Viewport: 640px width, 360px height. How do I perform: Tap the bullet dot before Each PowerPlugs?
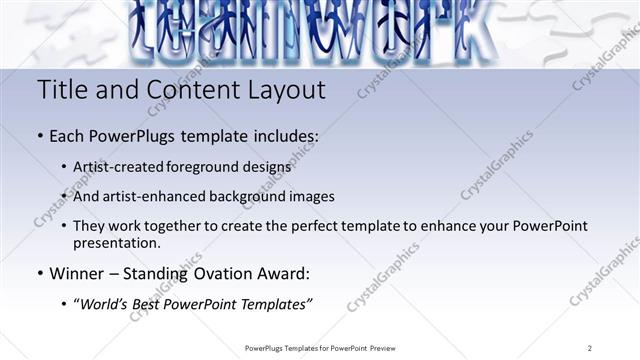39,135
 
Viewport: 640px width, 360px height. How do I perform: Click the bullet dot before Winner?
39,272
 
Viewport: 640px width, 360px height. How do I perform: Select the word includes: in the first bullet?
281,135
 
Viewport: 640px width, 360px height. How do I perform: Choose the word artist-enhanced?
164,196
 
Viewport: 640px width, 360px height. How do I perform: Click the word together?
170,226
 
